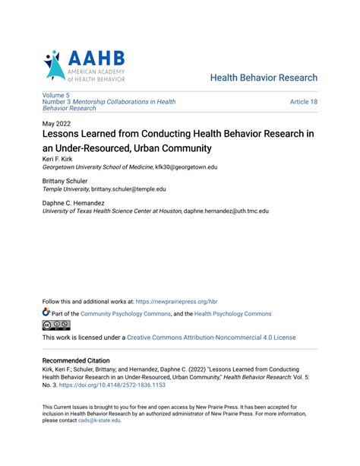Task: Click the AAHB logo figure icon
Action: tap(54, 67)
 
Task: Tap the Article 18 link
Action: tap(303, 101)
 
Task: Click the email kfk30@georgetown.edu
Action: tap(186, 167)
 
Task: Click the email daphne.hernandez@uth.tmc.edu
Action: tap(226, 211)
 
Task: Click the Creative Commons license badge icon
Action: tap(55, 325)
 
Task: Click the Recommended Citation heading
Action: tap(76, 360)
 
